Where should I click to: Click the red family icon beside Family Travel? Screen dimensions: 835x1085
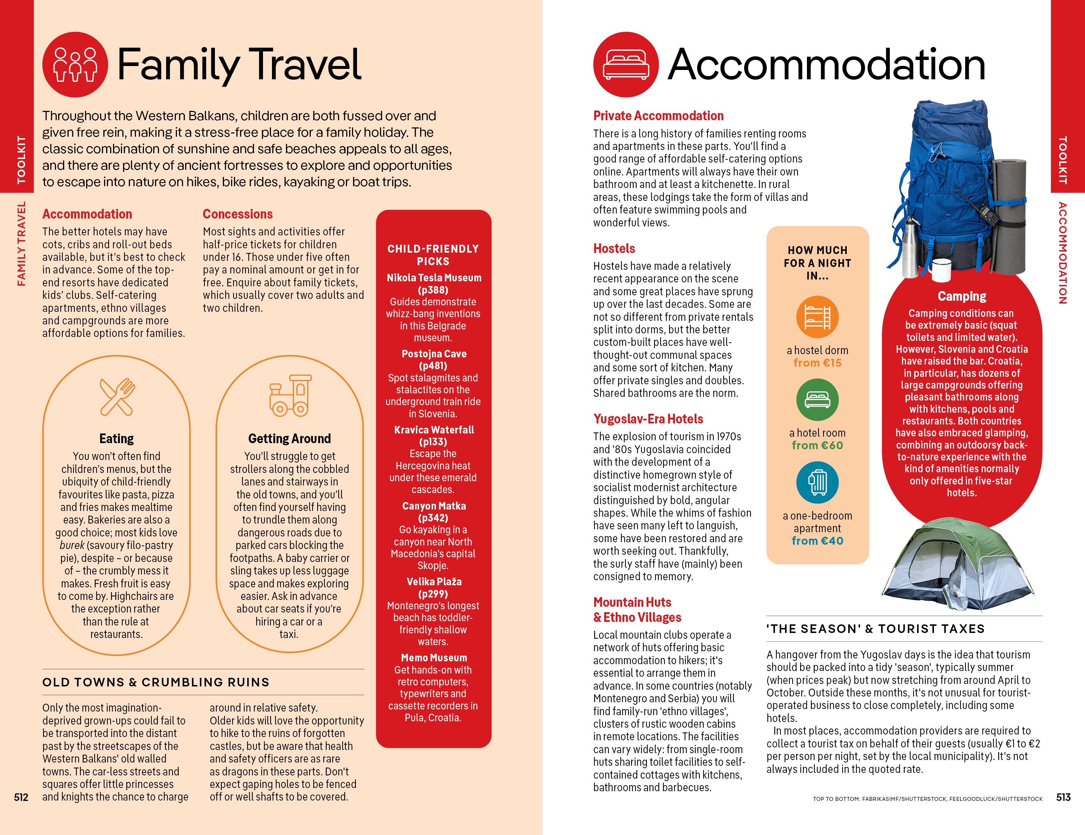[75, 65]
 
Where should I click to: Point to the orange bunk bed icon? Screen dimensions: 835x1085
[817, 317]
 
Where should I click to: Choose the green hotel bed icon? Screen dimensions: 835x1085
[817, 399]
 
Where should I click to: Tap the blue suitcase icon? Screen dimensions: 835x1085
[817, 482]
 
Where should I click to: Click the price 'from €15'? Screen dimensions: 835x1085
[817, 363]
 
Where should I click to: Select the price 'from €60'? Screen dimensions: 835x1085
[817, 446]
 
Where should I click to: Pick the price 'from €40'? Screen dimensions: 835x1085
[817, 541]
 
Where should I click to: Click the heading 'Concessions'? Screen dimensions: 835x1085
[238, 214]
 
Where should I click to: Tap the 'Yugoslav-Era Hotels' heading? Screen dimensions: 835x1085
[648, 419]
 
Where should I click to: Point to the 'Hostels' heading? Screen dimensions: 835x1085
[614, 248]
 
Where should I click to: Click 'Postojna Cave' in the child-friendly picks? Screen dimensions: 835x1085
[434, 354]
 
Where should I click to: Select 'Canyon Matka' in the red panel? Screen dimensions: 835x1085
[434, 506]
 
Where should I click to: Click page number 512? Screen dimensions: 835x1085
[21, 797]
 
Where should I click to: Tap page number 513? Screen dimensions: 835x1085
[1063, 797]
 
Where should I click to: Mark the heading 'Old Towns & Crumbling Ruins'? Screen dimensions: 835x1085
[155, 682]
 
